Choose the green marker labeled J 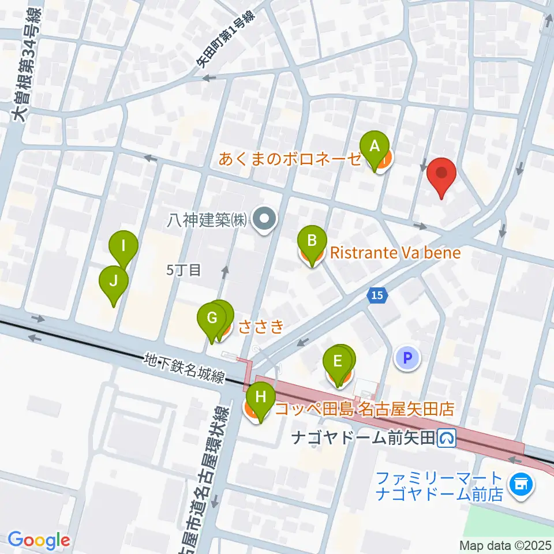[x=114, y=282]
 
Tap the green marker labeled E [x=338, y=362]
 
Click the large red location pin [x=442, y=174]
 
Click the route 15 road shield [x=376, y=295]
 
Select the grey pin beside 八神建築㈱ [x=265, y=219]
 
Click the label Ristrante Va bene [x=395, y=253]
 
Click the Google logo [x=39, y=540]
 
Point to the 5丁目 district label [x=183, y=270]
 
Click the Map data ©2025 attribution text [x=506, y=545]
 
